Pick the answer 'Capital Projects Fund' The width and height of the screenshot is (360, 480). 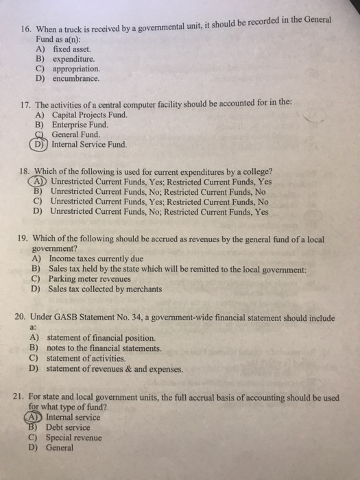[x=89, y=115]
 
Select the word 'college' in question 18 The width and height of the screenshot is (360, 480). [x=254, y=171]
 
